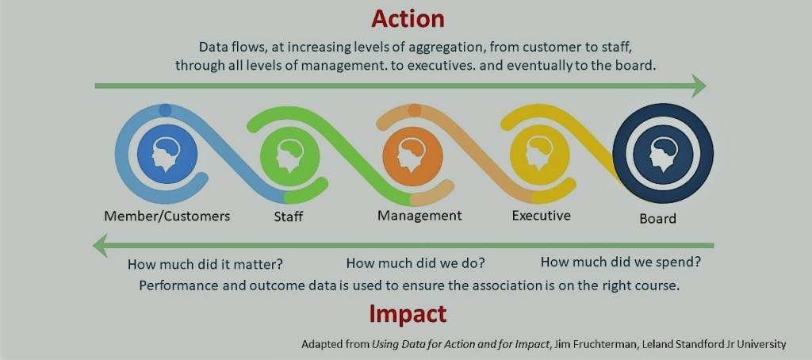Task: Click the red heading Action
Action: click(408, 19)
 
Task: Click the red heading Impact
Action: click(408, 313)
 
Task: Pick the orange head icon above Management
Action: click(412, 153)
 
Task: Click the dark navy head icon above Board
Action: click(664, 153)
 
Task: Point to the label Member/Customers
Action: click(167, 216)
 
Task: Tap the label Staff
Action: click(289, 216)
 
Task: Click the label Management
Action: click(419, 216)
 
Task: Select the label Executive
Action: click(541, 216)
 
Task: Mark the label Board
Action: click(657, 219)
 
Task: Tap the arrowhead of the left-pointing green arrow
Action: click(101, 245)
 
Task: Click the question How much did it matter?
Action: click(205, 264)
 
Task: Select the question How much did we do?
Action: click(416, 263)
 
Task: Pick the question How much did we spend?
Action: click(621, 262)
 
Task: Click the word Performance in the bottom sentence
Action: click(174, 286)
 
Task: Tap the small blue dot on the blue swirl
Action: click(165, 109)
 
